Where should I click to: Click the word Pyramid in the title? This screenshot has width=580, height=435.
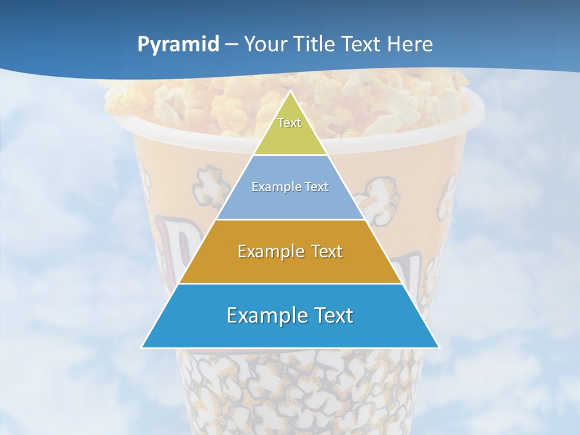[x=178, y=45]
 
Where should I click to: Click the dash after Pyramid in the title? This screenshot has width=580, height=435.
[x=231, y=45]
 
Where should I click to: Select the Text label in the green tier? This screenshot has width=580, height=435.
[x=289, y=123]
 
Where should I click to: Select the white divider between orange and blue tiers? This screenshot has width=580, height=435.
[x=290, y=283]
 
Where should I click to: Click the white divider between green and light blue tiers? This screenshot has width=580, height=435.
[x=290, y=155]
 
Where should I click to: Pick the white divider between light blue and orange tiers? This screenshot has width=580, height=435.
[x=290, y=219]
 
